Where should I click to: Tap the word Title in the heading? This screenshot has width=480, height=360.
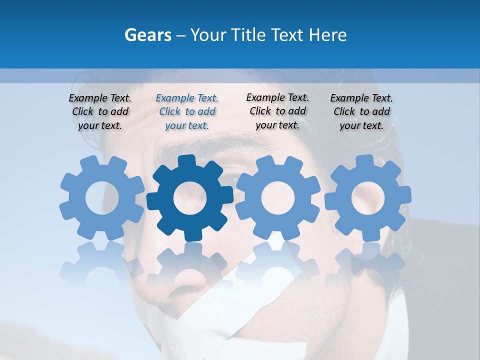pyautogui.click(x=249, y=35)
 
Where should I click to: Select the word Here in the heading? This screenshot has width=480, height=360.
pyautogui.click(x=327, y=35)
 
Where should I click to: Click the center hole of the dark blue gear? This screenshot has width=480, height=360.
pyautogui.click(x=190, y=198)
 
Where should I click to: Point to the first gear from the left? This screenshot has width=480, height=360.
pyautogui.click(x=102, y=198)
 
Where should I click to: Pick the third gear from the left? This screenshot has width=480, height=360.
pyautogui.click(x=278, y=198)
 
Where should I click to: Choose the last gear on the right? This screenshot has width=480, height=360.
pyautogui.click(x=367, y=198)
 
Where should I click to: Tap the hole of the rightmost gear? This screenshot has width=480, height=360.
pyautogui.click(x=367, y=198)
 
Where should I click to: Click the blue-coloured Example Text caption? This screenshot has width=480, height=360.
pyautogui.click(x=187, y=111)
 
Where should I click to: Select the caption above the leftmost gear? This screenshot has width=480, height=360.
pyautogui.click(x=100, y=111)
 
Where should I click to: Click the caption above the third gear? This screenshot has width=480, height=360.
pyautogui.click(x=277, y=111)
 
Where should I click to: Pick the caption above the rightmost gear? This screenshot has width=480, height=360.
pyautogui.click(x=361, y=111)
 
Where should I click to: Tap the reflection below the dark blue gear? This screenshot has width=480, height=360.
pyautogui.click(x=190, y=265)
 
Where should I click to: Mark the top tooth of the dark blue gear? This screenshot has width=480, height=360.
pyautogui.click(x=190, y=161)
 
